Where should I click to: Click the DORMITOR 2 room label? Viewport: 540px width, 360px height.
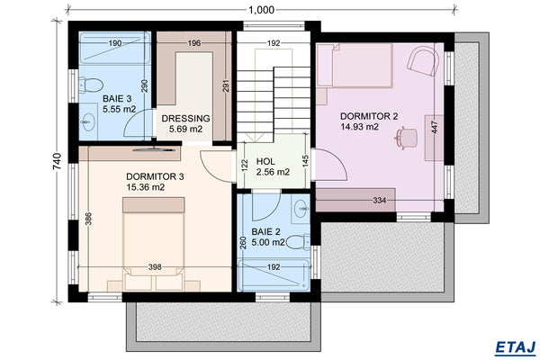(370, 116)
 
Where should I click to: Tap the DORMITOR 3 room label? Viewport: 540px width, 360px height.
(156, 176)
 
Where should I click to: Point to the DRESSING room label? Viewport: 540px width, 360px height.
(185, 118)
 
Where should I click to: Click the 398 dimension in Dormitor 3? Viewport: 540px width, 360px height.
(155, 267)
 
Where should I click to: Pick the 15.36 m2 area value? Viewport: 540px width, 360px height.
(145, 188)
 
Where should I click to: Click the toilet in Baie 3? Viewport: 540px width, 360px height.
(89, 85)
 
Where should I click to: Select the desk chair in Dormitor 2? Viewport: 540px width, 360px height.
(409, 137)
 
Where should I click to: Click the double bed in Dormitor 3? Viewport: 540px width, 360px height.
(155, 241)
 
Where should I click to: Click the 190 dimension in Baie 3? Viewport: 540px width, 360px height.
(115, 42)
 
